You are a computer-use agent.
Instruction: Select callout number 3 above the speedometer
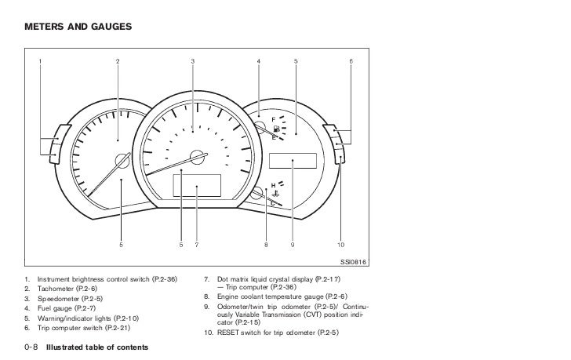coord(192,61)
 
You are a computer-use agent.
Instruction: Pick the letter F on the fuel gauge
coord(274,118)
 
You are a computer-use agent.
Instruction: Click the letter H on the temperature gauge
coord(273,185)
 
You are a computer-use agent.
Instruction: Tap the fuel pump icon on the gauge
coord(277,128)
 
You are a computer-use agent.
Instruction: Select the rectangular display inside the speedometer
coord(197,187)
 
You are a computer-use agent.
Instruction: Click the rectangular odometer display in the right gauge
coord(292,160)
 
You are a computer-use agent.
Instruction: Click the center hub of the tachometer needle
coord(122,162)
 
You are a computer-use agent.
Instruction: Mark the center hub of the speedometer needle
coord(199,155)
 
